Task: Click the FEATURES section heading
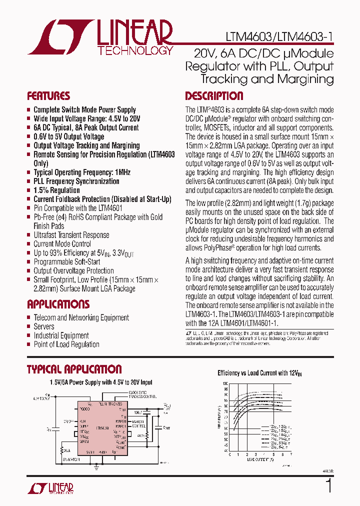point(48,96)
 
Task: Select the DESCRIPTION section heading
point(214,96)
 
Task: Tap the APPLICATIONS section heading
point(58,304)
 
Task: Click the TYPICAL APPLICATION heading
point(74,369)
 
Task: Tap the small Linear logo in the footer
point(50,488)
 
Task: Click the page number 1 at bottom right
point(328,485)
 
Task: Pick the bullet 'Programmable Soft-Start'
point(66,261)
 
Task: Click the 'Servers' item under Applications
point(44,326)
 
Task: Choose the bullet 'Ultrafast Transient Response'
point(71,235)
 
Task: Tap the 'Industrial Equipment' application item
point(61,335)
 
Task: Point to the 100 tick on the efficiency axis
point(225,383)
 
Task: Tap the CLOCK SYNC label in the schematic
point(136,392)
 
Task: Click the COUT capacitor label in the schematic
point(166,427)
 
